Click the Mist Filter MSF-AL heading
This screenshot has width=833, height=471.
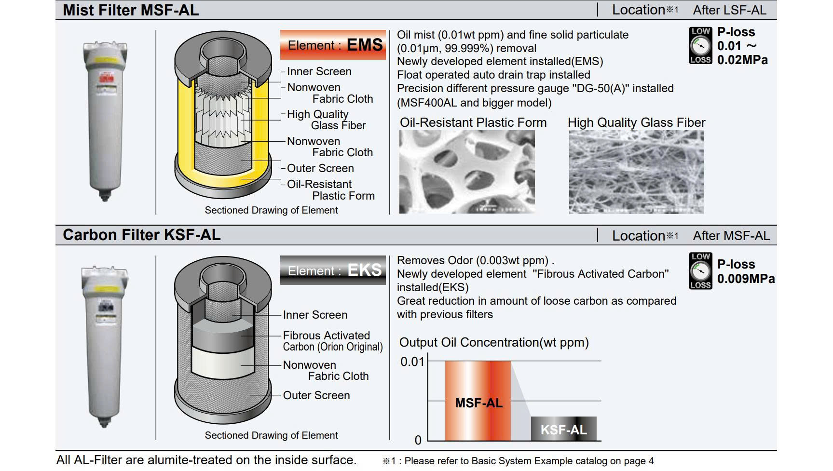[130, 10]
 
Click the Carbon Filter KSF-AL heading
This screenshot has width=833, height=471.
[141, 235]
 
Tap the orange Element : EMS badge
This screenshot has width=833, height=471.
[333, 45]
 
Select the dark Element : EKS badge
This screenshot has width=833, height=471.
[333, 270]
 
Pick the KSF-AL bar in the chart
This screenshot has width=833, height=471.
[563, 429]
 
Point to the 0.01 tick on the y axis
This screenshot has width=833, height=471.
[412, 362]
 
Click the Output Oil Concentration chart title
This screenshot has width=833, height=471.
[494, 342]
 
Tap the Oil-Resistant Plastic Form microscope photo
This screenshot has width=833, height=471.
[467, 172]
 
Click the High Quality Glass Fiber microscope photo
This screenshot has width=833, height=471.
[636, 172]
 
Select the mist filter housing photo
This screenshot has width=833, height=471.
[105, 121]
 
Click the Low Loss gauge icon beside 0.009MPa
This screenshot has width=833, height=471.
[700, 271]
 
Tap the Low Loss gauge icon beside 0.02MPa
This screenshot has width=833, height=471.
[700, 46]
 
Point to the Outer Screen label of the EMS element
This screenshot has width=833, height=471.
[320, 168]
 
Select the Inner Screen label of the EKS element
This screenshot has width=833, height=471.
[315, 315]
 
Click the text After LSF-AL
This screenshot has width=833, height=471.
[729, 10]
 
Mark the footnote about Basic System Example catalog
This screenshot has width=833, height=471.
[519, 461]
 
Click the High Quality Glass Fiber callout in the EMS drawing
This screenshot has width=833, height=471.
[326, 120]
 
